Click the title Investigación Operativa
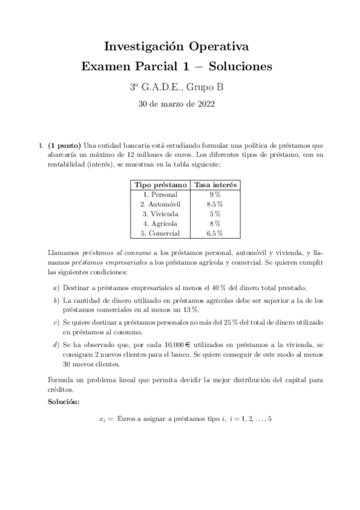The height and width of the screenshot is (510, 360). point(180,46)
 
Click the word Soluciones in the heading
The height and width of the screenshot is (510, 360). point(238,66)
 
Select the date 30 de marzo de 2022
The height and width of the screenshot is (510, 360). point(180,103)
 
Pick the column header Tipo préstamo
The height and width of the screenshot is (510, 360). point(160,185)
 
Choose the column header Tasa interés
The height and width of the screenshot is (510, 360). point(215,185)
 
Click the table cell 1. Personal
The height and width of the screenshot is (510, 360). point(160,194)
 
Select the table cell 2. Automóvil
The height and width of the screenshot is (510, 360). point(160,204)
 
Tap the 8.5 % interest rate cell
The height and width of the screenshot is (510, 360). point(215,204)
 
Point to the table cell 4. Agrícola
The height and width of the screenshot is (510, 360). point(160,223)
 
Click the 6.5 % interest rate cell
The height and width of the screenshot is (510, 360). point(215,233)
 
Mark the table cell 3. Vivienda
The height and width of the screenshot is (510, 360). point(160,214)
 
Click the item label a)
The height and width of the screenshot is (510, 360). point(56,287)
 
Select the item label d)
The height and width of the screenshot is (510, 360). point(56,345)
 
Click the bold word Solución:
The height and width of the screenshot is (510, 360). point(64,401)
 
